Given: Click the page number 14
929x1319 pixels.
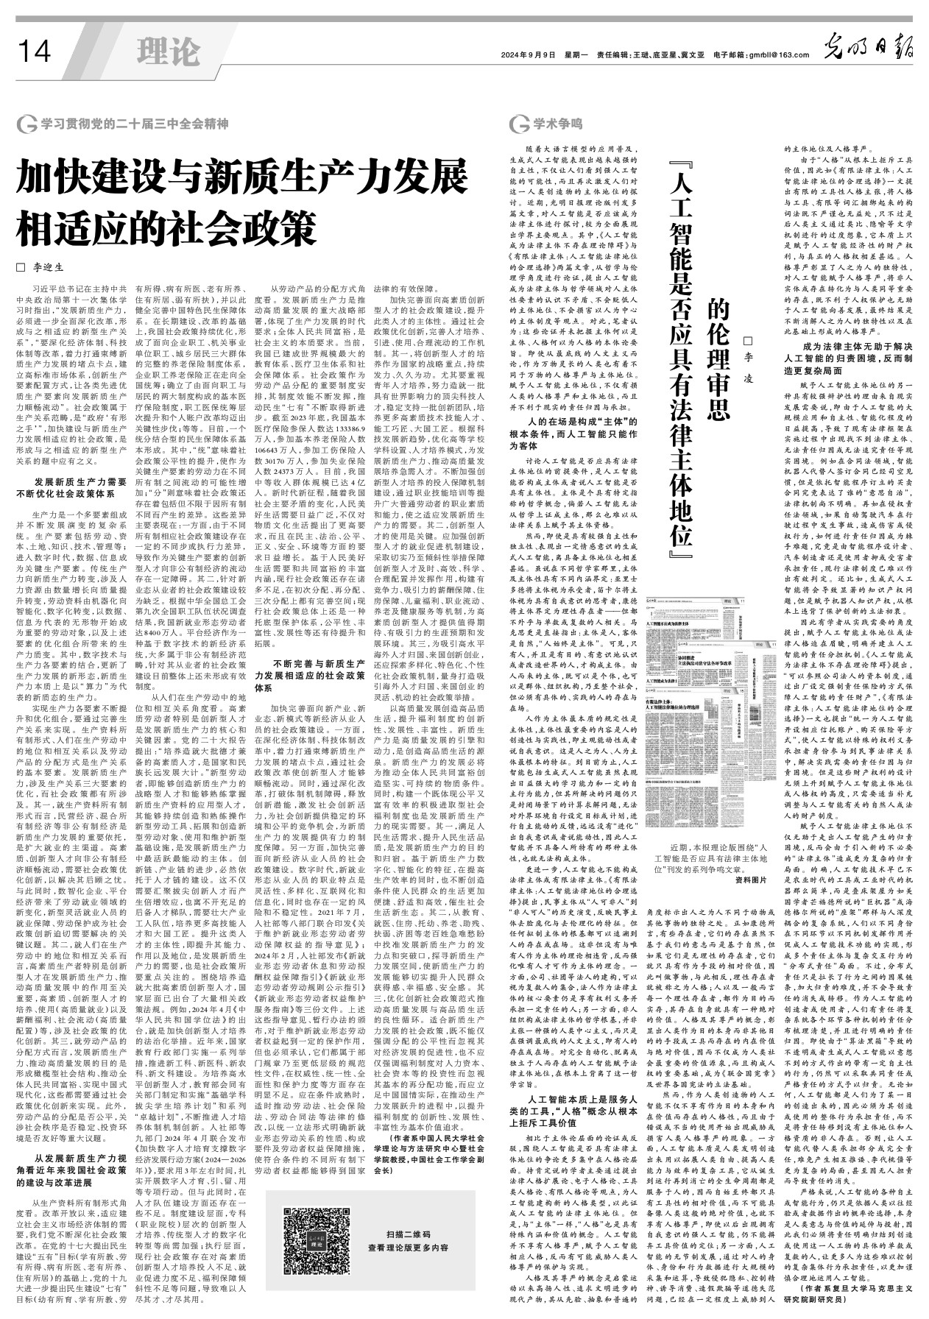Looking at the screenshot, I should [34, 52].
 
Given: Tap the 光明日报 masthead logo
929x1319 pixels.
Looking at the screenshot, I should [868, 52].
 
